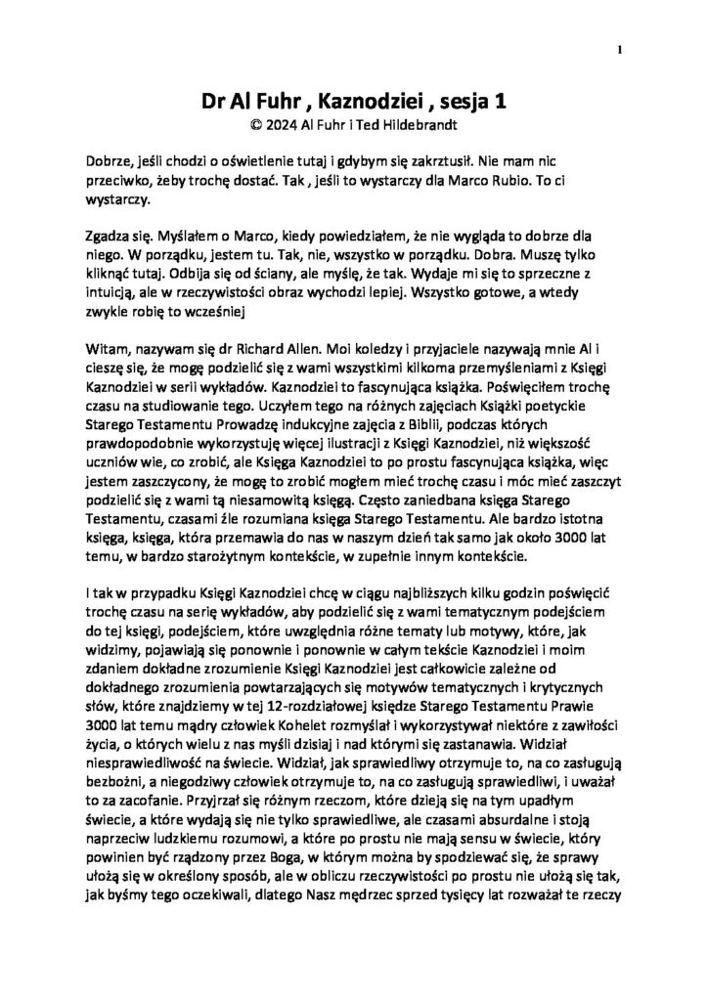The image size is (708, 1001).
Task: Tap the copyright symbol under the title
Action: [256, 124]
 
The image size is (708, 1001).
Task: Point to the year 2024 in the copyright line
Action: [285, 124]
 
